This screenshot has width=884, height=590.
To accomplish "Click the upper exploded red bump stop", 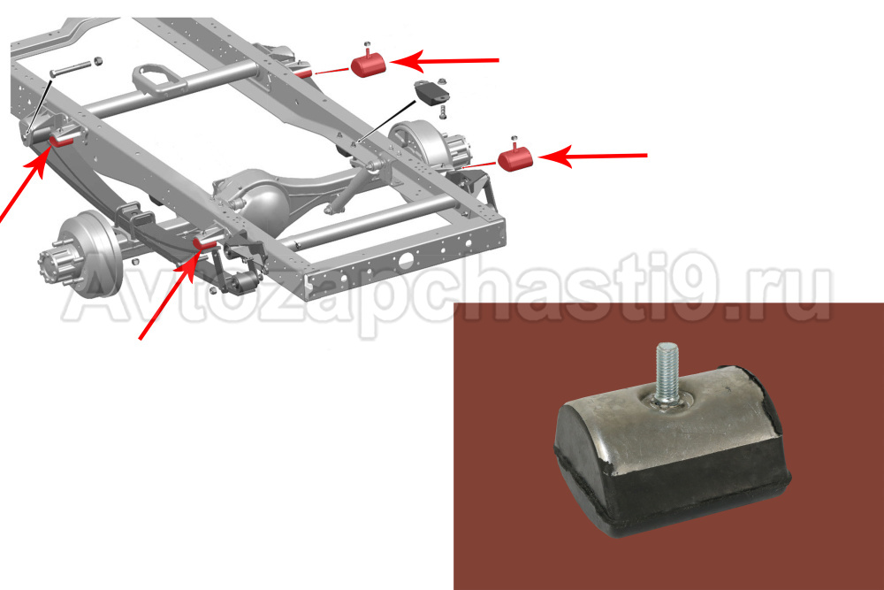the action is pyautogui.click(x=368, y=64).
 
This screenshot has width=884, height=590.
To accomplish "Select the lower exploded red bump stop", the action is pyautogui.click(x=515, y=158).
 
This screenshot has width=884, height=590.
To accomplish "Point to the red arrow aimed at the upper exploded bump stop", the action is pyautogui.click(x=445, y=60).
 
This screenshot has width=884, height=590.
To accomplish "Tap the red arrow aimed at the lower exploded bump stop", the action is pyautogui.click(x=592, y=156).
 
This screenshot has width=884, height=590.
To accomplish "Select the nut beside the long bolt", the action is pyautogui.click(x=97, y=60).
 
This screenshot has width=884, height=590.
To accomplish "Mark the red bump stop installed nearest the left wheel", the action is pyautogui.click(x=205, y=243).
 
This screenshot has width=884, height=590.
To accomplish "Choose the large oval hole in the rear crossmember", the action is pyautogui.click(x=406, y=261).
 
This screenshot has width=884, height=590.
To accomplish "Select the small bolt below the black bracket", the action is pyautogui.click(x=443, y=111).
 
